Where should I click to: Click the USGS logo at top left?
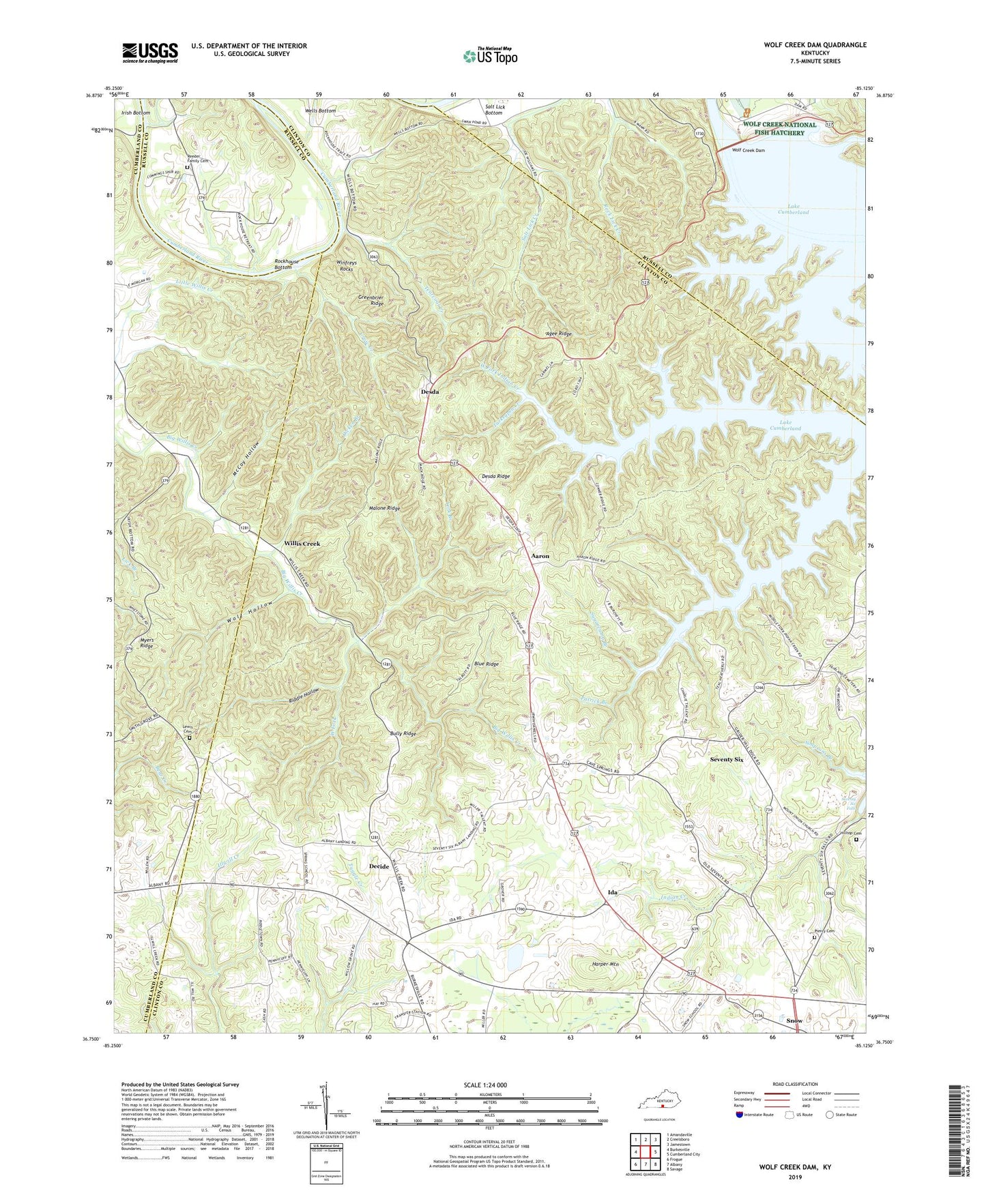point(149,53)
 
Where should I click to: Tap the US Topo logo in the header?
point(489,56)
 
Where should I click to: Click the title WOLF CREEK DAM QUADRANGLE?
point(815,45)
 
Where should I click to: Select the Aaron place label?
point(540,557)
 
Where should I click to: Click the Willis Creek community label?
point(302,544)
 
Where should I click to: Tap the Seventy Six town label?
point(731,759)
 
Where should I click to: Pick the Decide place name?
point(379,866)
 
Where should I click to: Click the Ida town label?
point(613,892)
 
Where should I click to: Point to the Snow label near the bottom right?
point(794,1020)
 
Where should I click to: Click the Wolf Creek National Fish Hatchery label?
point(779,129)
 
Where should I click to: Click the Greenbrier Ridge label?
point(372,300)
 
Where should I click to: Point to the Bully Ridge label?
point(403,734)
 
